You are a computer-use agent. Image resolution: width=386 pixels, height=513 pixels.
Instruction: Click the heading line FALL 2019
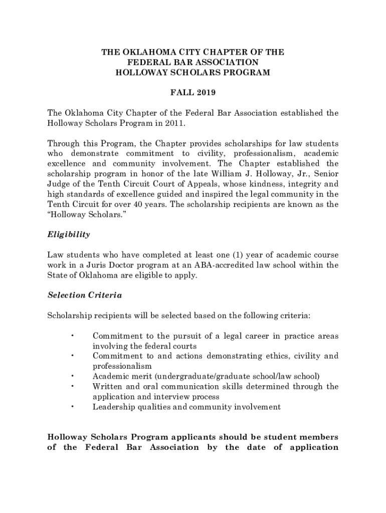pos(193,93)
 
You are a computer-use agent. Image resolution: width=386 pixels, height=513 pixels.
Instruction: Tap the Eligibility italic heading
pos(69,234)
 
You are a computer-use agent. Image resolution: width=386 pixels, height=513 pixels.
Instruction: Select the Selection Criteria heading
pos(85,295)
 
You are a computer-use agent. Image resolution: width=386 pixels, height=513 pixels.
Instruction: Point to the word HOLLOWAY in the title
pos(141,72)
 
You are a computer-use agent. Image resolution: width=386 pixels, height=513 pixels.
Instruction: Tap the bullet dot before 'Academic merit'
pos(73,376)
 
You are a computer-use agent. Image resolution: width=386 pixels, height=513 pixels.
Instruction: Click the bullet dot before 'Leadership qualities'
pos(73,406)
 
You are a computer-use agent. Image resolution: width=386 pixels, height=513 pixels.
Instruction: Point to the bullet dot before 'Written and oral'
pos(73,386)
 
